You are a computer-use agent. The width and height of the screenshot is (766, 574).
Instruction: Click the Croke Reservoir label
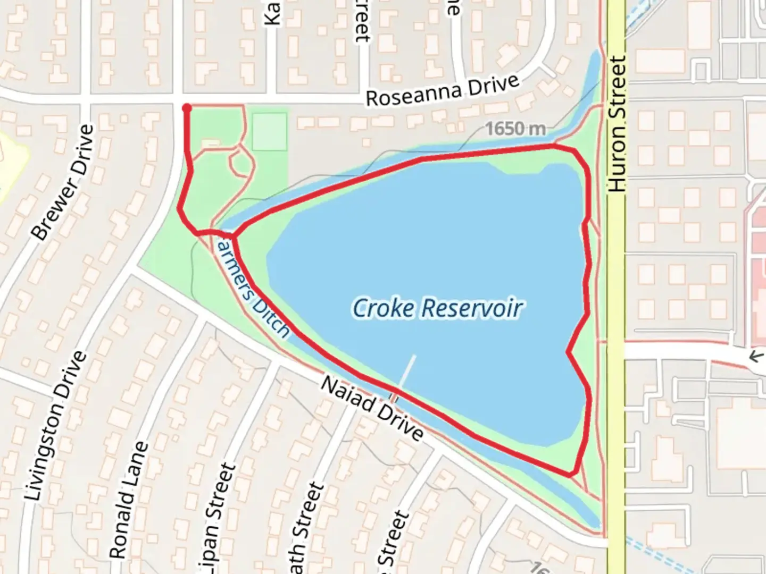pos(437,308)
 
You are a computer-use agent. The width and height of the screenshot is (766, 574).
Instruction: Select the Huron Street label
pos(617,124)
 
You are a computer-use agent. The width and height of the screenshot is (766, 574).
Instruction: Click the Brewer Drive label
pos(63,182)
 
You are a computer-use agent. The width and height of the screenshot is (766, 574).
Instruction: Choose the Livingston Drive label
pos(55,425)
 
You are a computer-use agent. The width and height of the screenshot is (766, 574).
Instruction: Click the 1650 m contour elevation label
pos(515,129)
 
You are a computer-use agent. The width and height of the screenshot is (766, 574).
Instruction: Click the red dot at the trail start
pos(187,108)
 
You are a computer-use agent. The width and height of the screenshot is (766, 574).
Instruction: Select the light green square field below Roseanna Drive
pos(270,131)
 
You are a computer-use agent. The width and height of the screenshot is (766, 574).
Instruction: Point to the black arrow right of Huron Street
pos(756,356)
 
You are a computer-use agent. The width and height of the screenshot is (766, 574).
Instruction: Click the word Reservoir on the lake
pos(472,308)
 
